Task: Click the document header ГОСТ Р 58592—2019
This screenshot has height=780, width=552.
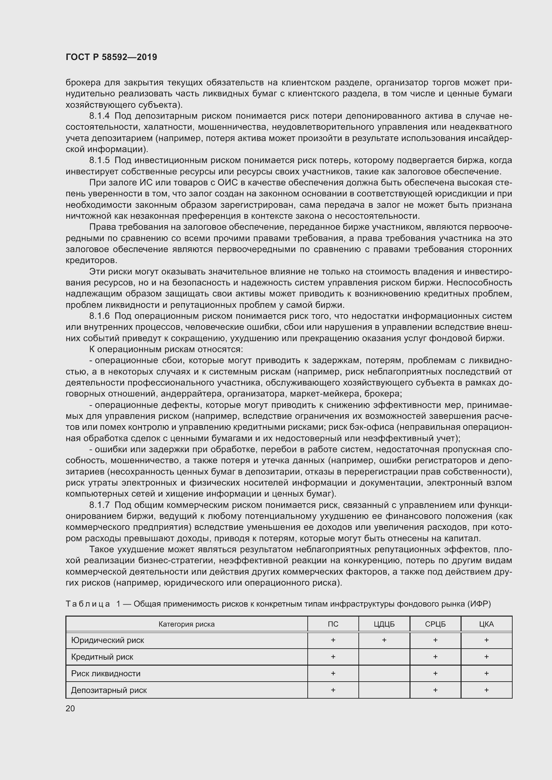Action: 111,57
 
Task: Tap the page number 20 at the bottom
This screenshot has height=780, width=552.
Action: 70,708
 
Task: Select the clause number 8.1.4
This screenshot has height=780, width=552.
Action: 99,116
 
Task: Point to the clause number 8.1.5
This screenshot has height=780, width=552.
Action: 99,160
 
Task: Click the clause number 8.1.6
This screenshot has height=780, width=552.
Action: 99,316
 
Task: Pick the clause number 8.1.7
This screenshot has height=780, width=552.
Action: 99,505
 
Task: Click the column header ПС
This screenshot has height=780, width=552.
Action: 333,624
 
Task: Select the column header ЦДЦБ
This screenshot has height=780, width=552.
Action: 384,624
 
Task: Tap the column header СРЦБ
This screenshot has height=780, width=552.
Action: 435,624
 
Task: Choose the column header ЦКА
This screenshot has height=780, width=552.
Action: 486,624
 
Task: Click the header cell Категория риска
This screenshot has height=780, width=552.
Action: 187,624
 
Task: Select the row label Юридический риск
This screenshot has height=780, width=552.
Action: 107,640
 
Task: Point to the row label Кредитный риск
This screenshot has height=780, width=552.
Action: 102,657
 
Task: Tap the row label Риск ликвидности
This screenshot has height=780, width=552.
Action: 105,673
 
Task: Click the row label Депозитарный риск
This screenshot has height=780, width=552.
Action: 109,690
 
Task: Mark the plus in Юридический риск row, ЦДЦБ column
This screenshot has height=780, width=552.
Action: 384,640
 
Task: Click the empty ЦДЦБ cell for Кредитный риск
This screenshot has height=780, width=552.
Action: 384,657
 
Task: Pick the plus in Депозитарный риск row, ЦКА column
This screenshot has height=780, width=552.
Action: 486,690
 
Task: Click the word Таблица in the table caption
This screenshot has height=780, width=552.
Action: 88,604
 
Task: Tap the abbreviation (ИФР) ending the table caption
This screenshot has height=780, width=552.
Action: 479,604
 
